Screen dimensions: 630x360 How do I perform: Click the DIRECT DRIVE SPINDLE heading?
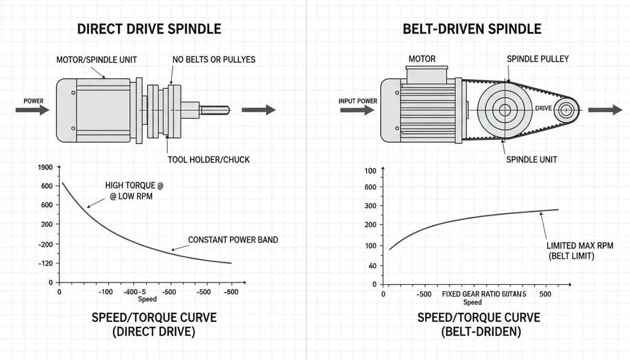pos(149,29)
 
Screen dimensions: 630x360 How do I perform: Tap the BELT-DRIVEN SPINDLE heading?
pos(472,29)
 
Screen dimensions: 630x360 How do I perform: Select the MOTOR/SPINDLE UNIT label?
pos(97,60)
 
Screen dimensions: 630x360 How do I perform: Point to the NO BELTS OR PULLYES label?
pos(214,60)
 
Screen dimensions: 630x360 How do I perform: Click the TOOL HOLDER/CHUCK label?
pos(208,160)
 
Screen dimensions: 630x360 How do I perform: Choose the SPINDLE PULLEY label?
pos(538,59)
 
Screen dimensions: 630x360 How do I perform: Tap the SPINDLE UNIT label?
pos(531,160)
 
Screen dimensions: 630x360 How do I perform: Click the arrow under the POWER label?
pos(33,110)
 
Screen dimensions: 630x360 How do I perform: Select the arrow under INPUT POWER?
pos(357,110)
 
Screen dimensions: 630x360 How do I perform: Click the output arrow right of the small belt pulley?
pos(605,110)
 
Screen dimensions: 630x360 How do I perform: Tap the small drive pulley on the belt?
pos(566,110)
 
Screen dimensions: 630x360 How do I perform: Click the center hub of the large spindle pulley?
pos(505,110)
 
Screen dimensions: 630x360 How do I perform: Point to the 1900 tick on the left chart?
pos(45,167)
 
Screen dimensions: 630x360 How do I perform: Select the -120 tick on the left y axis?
pos(45,263)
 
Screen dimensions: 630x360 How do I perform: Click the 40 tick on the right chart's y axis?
pos(372,266)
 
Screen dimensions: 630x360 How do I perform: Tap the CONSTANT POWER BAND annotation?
pos(233,240)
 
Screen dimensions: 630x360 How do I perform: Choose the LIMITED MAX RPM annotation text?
pos(580,246)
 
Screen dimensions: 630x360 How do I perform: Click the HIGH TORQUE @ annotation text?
pos(134,185)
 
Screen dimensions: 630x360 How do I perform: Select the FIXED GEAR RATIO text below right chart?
pos(471,294)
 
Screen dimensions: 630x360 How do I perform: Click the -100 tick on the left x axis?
pos(106,292)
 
